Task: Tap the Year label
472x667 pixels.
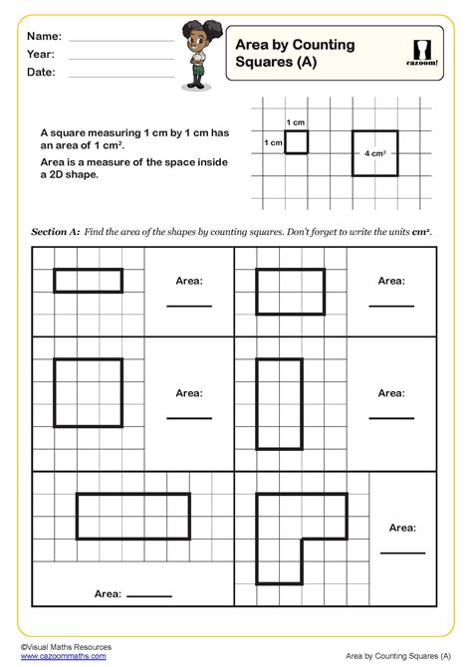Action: click(x=41, y=55)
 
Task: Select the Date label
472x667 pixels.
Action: click(x=41, y=73)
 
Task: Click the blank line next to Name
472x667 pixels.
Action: click(x=119, y=41)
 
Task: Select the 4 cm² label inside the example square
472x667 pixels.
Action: click(x=374, y=154)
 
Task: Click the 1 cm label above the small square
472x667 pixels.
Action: click(x=296, y=122)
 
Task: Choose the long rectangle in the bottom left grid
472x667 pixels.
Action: click(x=132, y=516)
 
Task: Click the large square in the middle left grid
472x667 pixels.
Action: click(x=89, y=392)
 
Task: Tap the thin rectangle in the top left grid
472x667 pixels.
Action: click(x=89, y=280)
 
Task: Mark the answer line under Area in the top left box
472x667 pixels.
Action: click(x=189, y=306)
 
